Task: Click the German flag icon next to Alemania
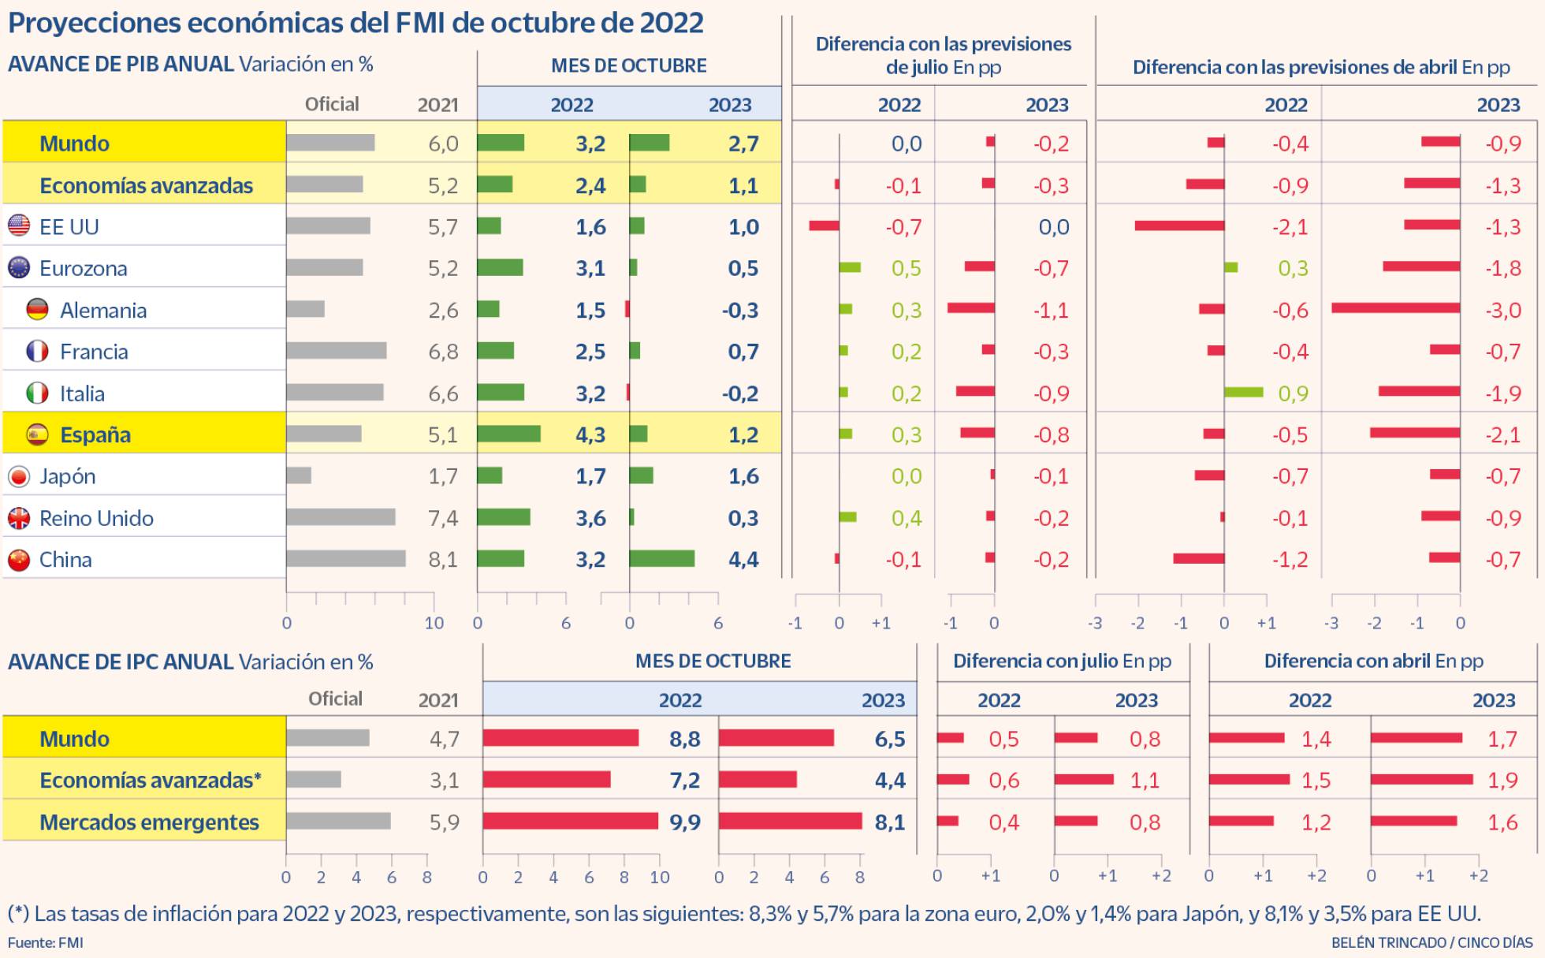pos(37,310)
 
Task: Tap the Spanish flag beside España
pos(37,434)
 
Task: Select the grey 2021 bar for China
pos(345,559)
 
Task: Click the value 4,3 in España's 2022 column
pos(590,434)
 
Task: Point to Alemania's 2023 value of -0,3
pos(739,310)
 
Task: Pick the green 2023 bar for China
pos(661,559)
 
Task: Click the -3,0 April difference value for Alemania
pos(1502,310)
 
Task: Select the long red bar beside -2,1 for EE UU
pos(1179,226)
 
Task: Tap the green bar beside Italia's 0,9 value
pos(1243,393)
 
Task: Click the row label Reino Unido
pos(96,518)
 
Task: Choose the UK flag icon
pos(19,518)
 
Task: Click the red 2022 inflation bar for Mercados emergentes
pos(570,822)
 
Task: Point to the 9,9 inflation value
pos(684,822)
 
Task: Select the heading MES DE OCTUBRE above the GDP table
pos(628,65)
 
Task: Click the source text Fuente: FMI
pos(46,942)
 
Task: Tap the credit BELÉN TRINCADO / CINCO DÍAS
pos(1431,942)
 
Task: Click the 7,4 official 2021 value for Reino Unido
pos(443,518)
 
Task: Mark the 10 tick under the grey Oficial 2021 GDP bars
pos(434,623)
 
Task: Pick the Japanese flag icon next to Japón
pos(19,476)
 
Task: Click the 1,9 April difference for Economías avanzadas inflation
pos(1502,781)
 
